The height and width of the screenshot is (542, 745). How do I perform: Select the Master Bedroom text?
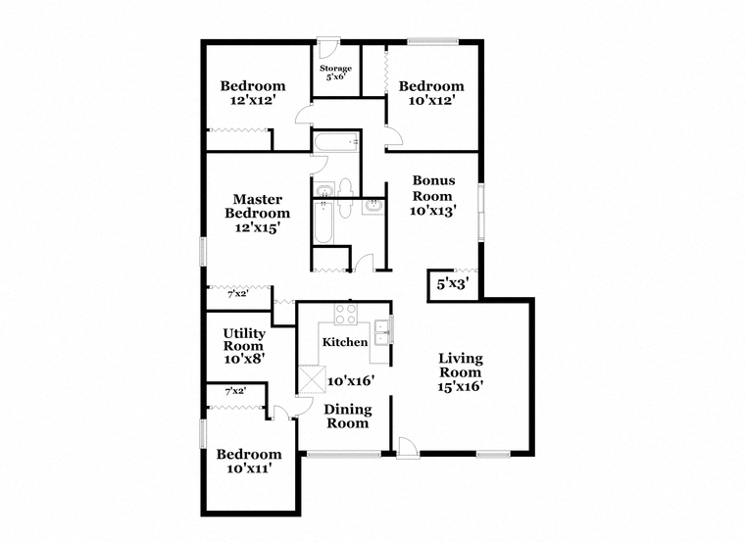coord(257,213)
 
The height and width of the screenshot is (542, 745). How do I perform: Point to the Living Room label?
coord(460,371)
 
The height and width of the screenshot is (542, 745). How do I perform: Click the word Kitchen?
coord(345,342)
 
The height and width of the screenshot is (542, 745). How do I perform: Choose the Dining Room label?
coord(347,416)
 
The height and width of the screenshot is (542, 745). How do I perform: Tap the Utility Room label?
coord(243,346)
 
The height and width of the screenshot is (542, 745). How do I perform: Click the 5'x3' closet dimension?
coord(452,285)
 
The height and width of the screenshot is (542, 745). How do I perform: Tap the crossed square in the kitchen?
coord(312,378)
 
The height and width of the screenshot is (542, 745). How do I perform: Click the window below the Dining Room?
coord(343,453)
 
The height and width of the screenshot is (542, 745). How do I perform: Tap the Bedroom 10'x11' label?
coord(249,461)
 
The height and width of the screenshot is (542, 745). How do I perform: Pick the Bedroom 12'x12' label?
coord(252,92)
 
